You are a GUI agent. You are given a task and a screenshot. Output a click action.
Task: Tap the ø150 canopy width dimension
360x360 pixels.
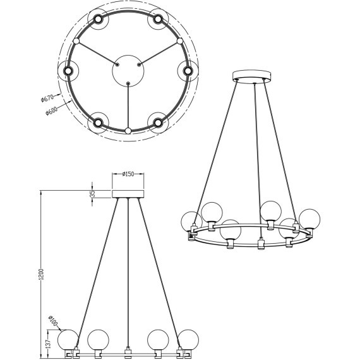point(128,174)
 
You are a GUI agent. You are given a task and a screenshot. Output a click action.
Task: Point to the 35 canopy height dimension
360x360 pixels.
point(92,193)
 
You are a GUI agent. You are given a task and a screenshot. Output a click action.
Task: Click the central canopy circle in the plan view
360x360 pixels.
point(128,69)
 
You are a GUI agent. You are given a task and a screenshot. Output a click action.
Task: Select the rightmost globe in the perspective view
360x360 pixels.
point(309,219)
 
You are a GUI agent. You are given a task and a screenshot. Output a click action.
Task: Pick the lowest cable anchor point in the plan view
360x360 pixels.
point(128,131)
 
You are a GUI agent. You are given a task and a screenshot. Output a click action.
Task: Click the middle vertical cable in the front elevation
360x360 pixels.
point(128,272)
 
